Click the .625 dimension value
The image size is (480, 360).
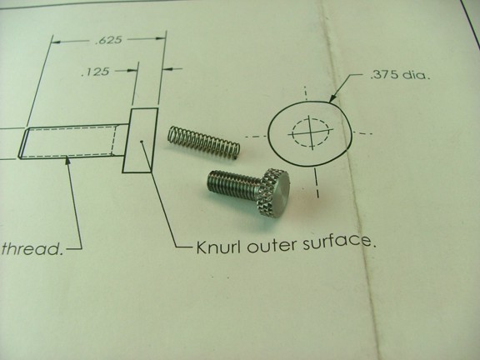point(108,40)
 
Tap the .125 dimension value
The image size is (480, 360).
point(95,72)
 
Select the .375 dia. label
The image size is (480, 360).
point(400,75)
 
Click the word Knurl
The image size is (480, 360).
point(219,247)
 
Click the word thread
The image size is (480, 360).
point(32,248)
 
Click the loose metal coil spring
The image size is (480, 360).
point(204,142)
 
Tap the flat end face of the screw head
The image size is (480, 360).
point(282,190)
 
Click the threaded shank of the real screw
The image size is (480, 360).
point(233,184)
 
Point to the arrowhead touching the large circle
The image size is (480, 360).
point(333,98)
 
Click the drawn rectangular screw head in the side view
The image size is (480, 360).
point(140,140)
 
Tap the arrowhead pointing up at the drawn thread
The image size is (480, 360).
point(68,160)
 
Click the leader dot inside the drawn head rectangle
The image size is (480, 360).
point(141,142)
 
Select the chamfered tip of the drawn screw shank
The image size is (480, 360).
point(23,143)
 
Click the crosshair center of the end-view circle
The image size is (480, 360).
point(312,132)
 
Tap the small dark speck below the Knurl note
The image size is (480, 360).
point(227,278)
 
